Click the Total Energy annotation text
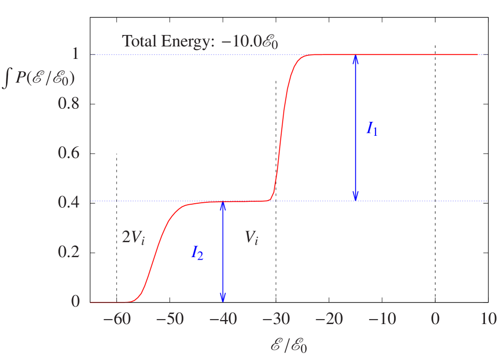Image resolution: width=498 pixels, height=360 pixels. click(200, 41)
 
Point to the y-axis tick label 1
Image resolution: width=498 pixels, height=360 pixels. click(75, 54)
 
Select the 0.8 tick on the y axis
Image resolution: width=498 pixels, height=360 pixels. click(69, 104)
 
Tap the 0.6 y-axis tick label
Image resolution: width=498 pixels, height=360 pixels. click(69, 153)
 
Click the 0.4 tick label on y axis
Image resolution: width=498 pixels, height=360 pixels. click(69, 202)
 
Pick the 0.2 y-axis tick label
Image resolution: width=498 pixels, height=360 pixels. click(69, 252)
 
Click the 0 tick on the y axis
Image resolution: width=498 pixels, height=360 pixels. click(75, 301)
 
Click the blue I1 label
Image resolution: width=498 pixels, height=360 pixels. click(372, 129)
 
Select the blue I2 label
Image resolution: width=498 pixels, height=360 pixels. click(197, 253)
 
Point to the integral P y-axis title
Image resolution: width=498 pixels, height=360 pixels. click(38, 79)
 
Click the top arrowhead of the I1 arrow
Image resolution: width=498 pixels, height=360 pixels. click(355, 58)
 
